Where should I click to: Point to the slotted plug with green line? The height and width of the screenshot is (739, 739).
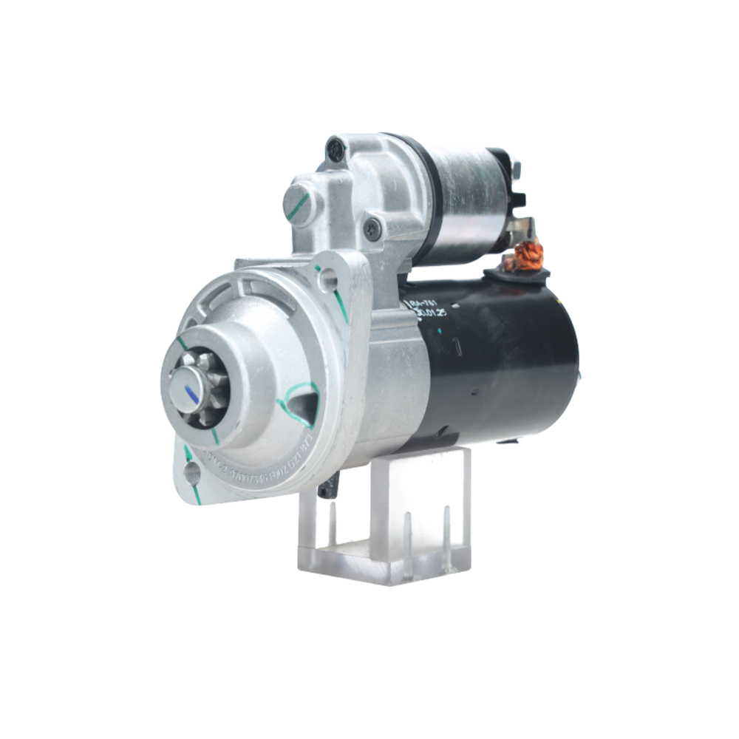coord(299,204)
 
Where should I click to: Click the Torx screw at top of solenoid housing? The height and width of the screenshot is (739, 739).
coord(336,150)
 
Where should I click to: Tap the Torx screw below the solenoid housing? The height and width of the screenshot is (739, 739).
coord(373,228)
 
